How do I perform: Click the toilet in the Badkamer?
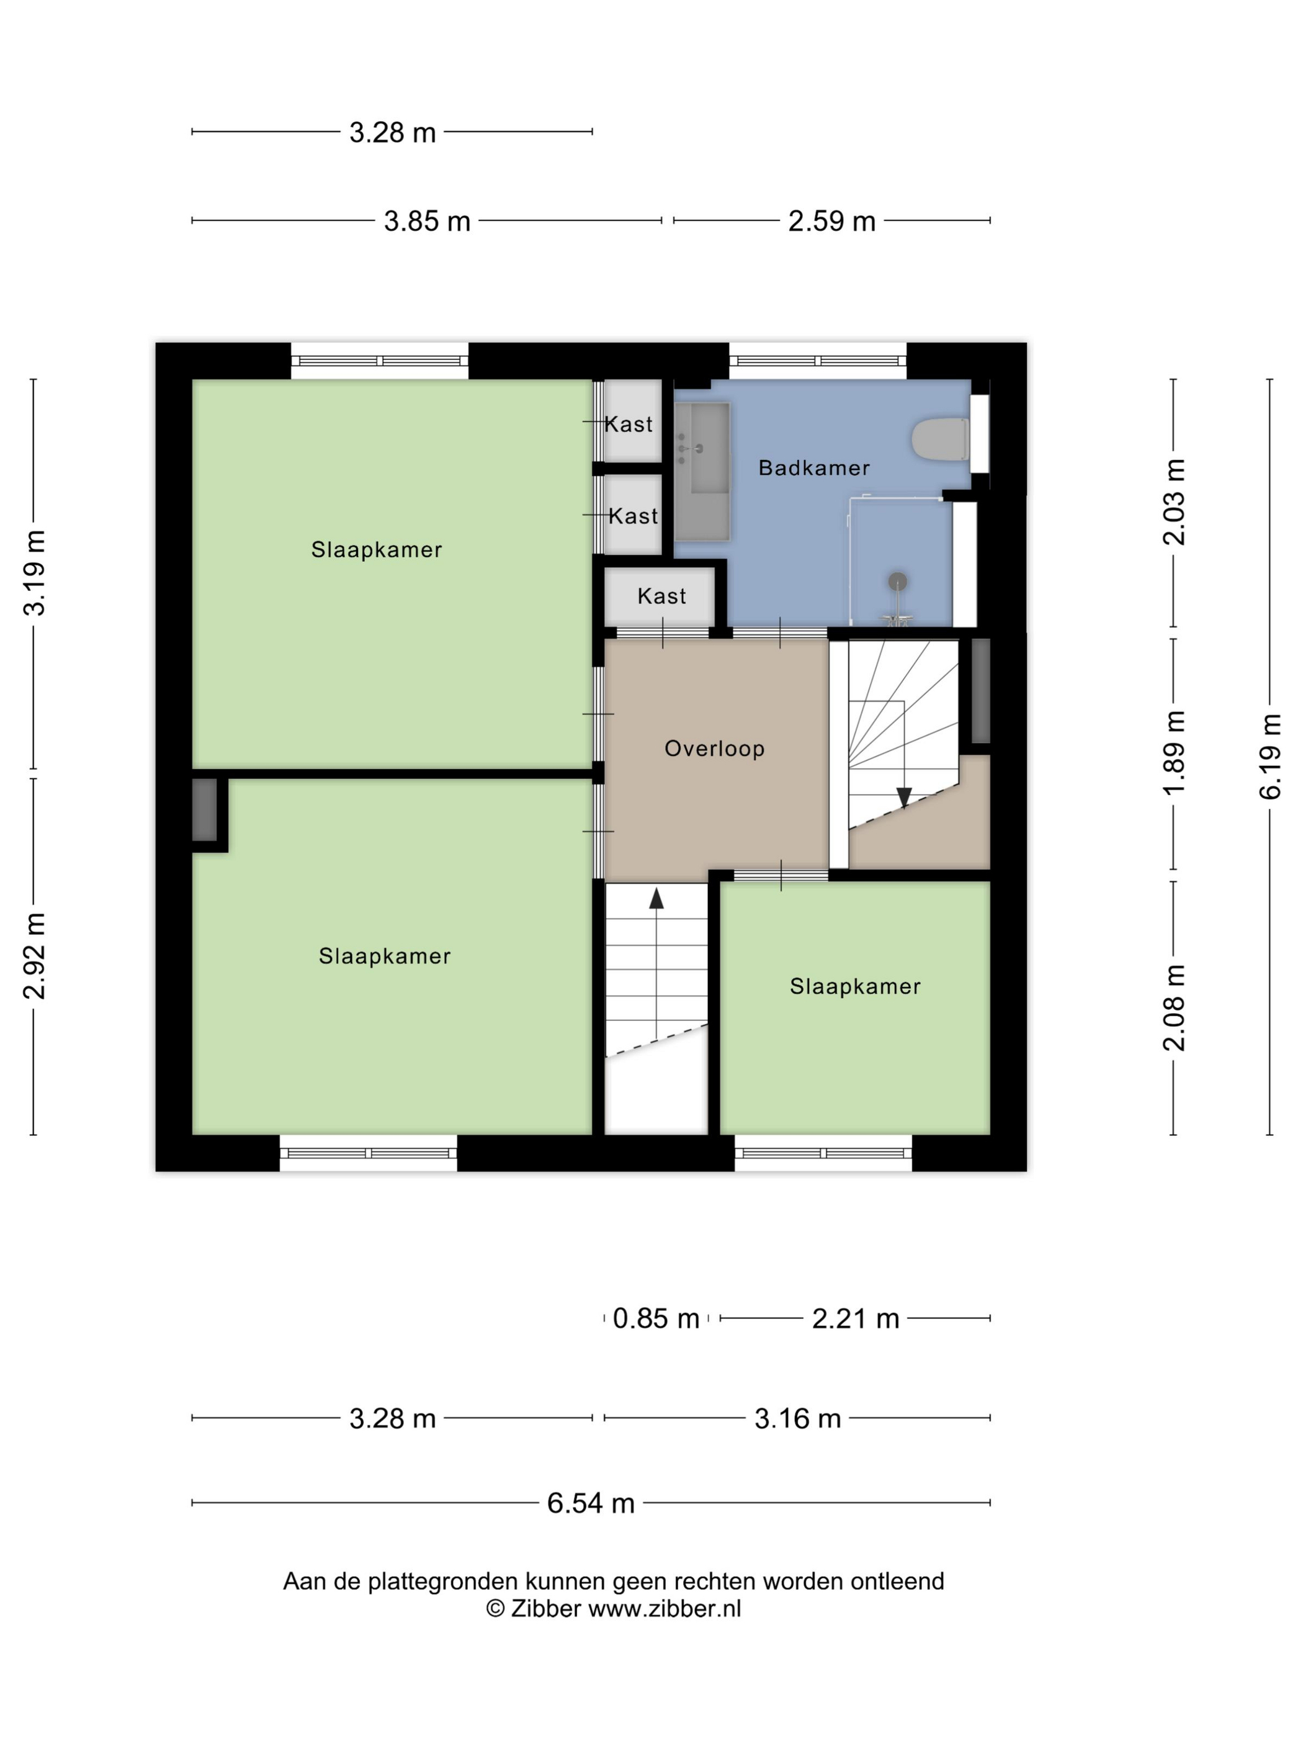click(x=940, y=438)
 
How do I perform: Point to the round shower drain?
click(x=898, y=582)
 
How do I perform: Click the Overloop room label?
click(x=714, y=748)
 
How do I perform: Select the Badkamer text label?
click(x=813, y=468)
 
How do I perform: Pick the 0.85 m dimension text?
click(x=656, y=1318)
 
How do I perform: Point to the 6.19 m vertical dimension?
click(x=1270, y=757)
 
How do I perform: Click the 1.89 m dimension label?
click(x=1174, y=753)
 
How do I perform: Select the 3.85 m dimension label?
click(x=426, y=222)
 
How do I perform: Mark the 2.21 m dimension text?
click(x=855, y=1318)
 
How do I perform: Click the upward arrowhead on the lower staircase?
click(x=656, y=898)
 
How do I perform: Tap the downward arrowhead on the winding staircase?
click(x=904, y=798)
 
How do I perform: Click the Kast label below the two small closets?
click(x=661, y=597)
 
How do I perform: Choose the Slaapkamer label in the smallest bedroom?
click(x=854, y=986)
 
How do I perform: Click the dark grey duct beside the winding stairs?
click(x=980, y=691)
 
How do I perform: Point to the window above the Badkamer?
click(x=818, y=361)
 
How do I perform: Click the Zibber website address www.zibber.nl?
click(x=665, y=1608)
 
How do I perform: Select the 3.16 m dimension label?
click(x=797, y=1419)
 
